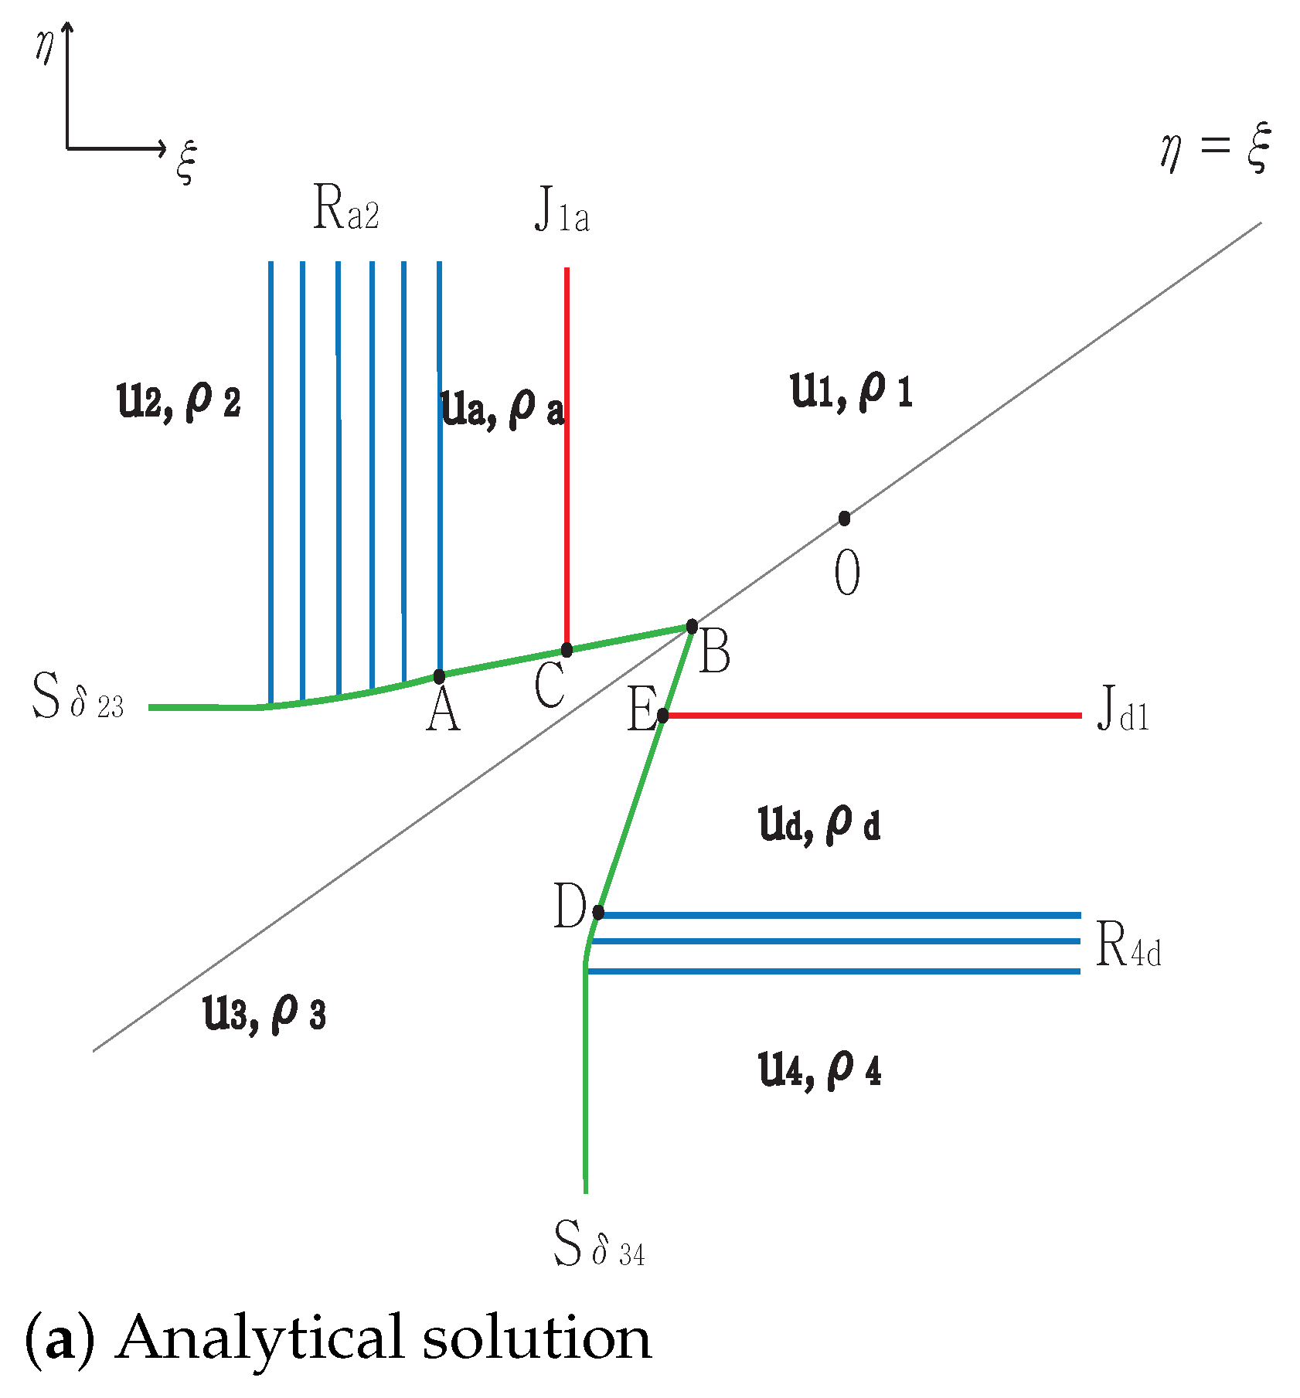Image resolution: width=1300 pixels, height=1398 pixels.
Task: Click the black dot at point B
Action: (692, 626)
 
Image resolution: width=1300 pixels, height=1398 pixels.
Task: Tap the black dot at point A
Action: (439, 676)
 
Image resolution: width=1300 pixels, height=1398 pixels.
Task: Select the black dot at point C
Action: (567, 649)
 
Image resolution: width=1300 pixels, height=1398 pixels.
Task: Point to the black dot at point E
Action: (662, 716)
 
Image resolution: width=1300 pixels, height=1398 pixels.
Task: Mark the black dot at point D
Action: (598, 912)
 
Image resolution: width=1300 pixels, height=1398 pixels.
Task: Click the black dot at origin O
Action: (845, 518)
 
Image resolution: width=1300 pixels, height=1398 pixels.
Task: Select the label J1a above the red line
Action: (562, 211)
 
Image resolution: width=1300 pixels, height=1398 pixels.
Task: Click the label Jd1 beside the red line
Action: (1123, 709)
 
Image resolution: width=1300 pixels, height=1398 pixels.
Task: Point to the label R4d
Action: (1128, 947)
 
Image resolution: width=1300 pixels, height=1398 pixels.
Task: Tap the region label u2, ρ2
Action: (179, 402)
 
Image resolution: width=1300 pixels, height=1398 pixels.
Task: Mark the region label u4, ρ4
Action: (820, 1070)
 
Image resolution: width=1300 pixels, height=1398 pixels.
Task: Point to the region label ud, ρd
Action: (820, 825)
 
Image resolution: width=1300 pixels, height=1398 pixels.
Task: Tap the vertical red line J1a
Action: (567, 456)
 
